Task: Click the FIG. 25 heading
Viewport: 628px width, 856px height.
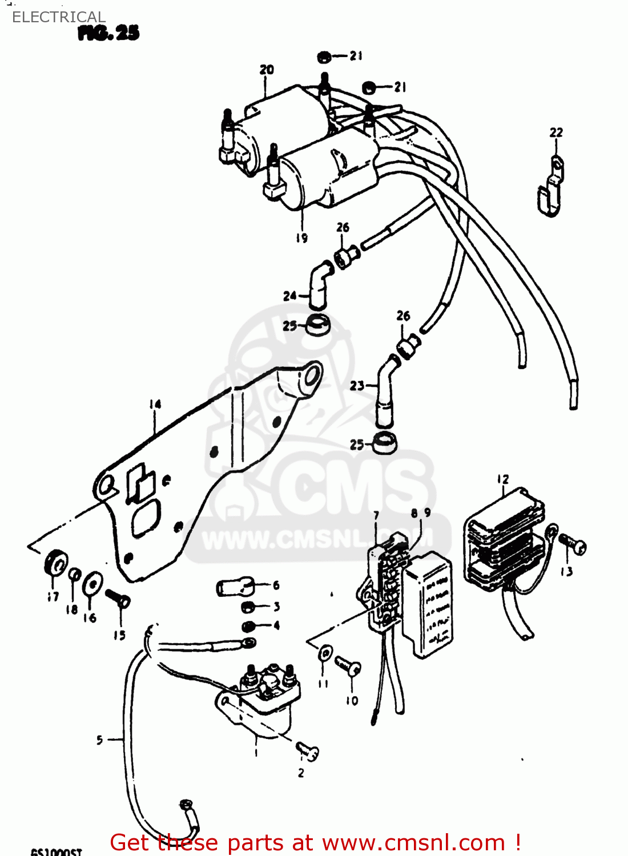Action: [108, 33]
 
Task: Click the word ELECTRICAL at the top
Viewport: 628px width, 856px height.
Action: [58, 17]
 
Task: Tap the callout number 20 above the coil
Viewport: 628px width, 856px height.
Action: [267, 70]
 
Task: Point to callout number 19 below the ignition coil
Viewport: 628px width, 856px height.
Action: [301, 237]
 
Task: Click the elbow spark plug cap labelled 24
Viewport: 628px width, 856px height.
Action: [318, 285]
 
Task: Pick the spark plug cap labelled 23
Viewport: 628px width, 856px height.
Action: [384, 394]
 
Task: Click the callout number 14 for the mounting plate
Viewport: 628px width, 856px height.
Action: [155, 404]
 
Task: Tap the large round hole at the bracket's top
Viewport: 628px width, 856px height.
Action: [311, 377]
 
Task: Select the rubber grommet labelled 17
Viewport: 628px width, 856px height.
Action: [56, 563]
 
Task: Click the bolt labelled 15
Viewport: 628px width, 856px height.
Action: [118, 599]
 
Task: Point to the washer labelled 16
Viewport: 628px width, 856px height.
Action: [92, 584]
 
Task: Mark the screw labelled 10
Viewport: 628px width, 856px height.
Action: [348, 665]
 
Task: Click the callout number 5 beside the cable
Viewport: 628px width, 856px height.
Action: [99, 740]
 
